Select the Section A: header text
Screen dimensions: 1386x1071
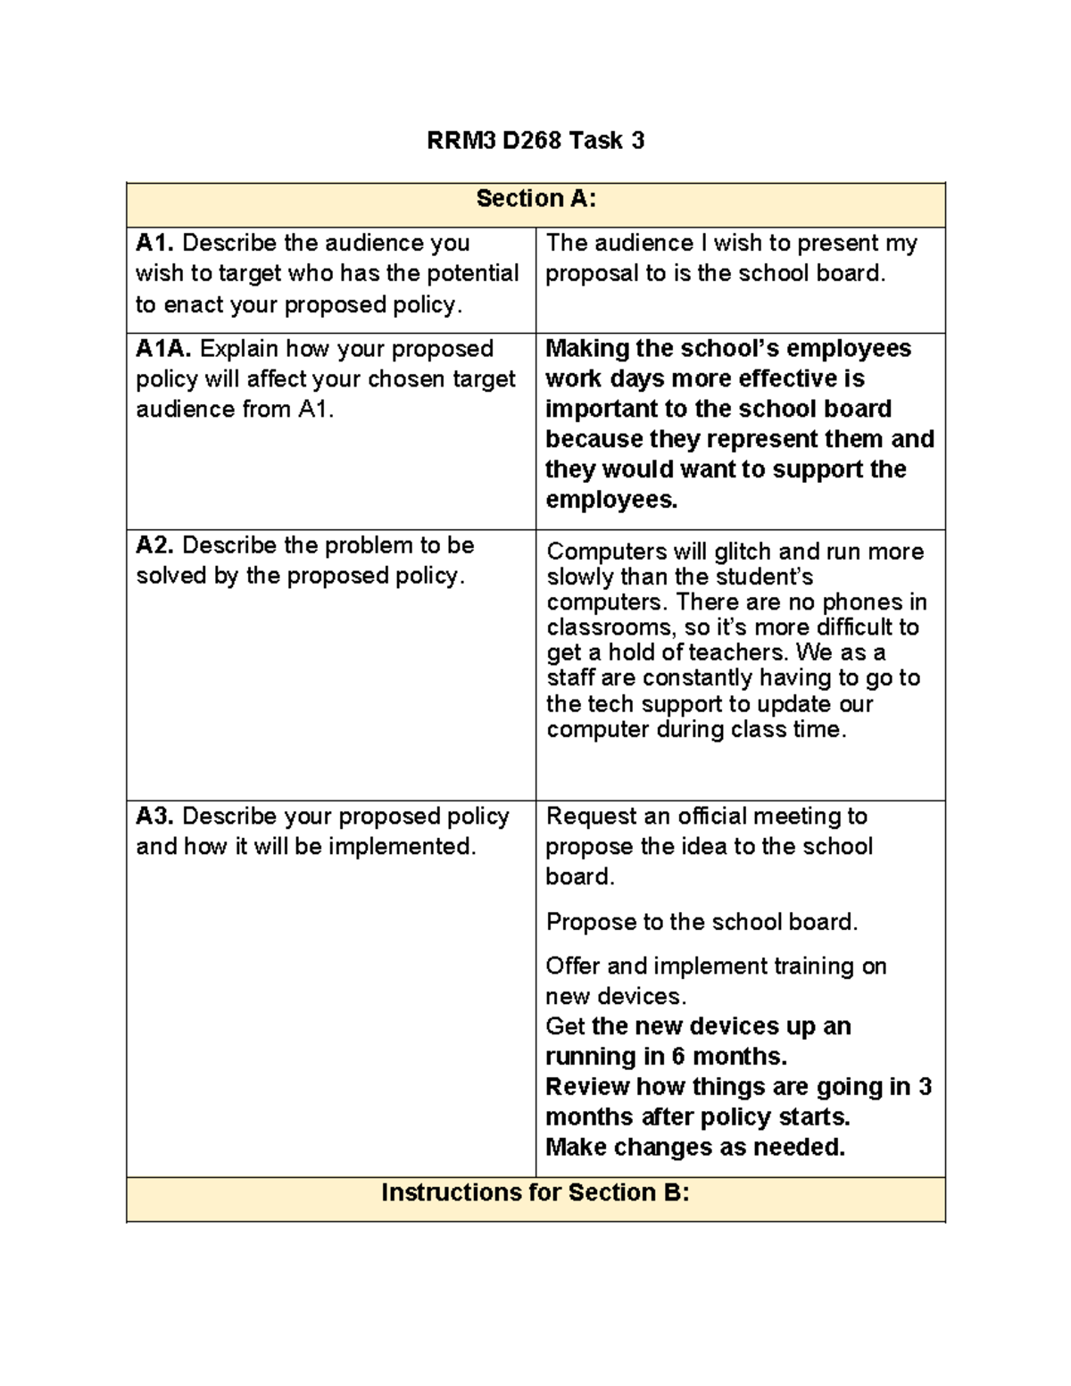pyautogui.click(x=535, y=198)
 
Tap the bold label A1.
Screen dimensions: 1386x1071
pyautogui.click(x=155, y=243)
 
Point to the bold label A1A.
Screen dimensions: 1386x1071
pyautogui.click(x=164, y=348)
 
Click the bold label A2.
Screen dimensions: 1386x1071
pyautogui.click(x=155, y=545)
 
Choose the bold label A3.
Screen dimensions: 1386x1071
pyautogui.click(x=155, y=817)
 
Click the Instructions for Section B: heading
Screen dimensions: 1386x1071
pyautogui.click(x=535, y=1192)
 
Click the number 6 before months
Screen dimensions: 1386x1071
pyautogui.click(x=677, y=1057)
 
